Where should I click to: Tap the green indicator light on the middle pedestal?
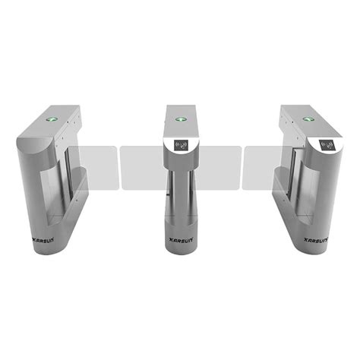point(180,118)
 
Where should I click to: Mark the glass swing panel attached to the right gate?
point(262,164)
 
